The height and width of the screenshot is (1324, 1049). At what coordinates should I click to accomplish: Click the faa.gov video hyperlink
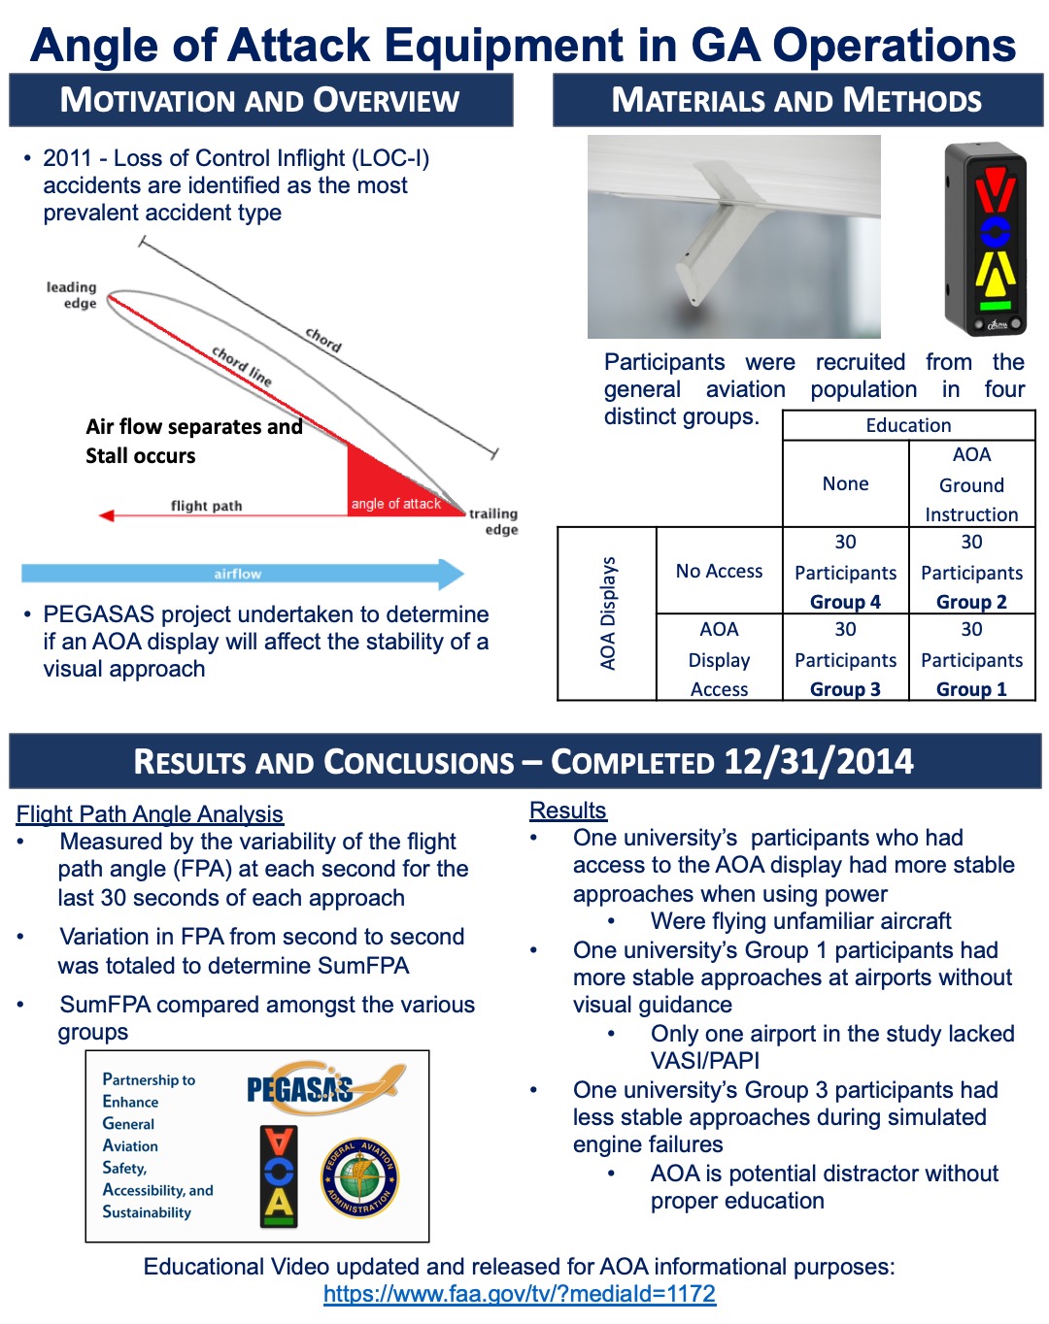(519, 1294)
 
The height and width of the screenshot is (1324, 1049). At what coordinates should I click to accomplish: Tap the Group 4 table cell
(845, 572)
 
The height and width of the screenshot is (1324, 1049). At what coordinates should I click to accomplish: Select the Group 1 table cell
(971, 659)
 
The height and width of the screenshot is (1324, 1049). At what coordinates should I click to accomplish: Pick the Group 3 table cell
(845, 659)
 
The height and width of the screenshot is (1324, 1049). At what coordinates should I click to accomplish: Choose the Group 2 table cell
(971, 572)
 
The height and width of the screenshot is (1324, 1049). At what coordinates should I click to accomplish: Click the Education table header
(908, 425)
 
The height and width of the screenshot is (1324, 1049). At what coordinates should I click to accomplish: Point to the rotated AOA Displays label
(608, 613)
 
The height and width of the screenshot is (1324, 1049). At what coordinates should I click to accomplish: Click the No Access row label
(719, 572)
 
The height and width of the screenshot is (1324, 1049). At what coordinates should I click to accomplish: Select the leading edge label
(72, 295)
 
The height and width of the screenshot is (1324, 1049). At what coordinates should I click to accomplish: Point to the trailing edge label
(493, 521)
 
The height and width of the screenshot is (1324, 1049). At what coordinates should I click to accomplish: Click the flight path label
(206, 506)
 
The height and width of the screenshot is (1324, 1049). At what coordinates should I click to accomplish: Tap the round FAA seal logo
(360, 1178)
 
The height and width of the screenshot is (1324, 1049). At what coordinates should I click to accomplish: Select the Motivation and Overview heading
(260, 101)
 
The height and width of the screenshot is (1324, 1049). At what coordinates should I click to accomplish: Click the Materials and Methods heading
(796, 101)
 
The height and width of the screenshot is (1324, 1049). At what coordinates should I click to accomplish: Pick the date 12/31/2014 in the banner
(818, 762)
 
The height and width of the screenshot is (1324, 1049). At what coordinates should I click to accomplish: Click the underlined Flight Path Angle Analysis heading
(150, 814)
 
